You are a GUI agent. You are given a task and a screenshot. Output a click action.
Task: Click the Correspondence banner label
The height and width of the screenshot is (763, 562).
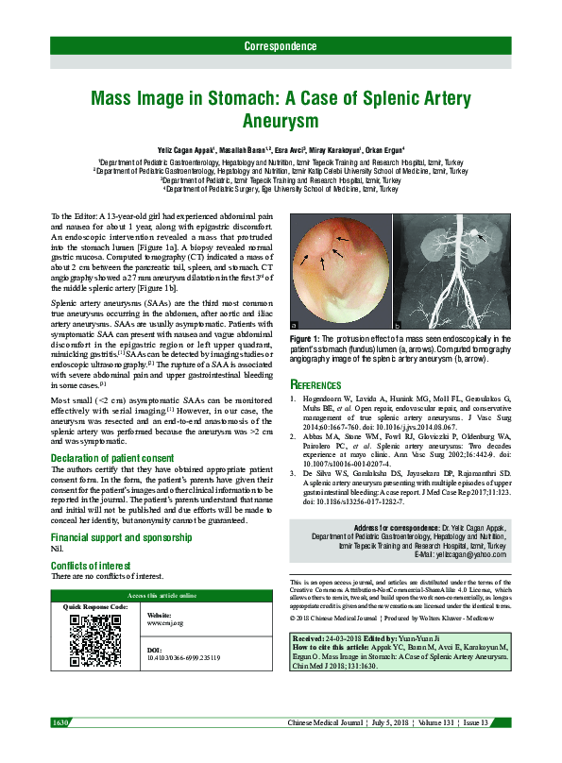point(280,46)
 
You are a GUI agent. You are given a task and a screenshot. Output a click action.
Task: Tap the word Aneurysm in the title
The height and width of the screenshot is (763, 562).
point(280,122)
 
